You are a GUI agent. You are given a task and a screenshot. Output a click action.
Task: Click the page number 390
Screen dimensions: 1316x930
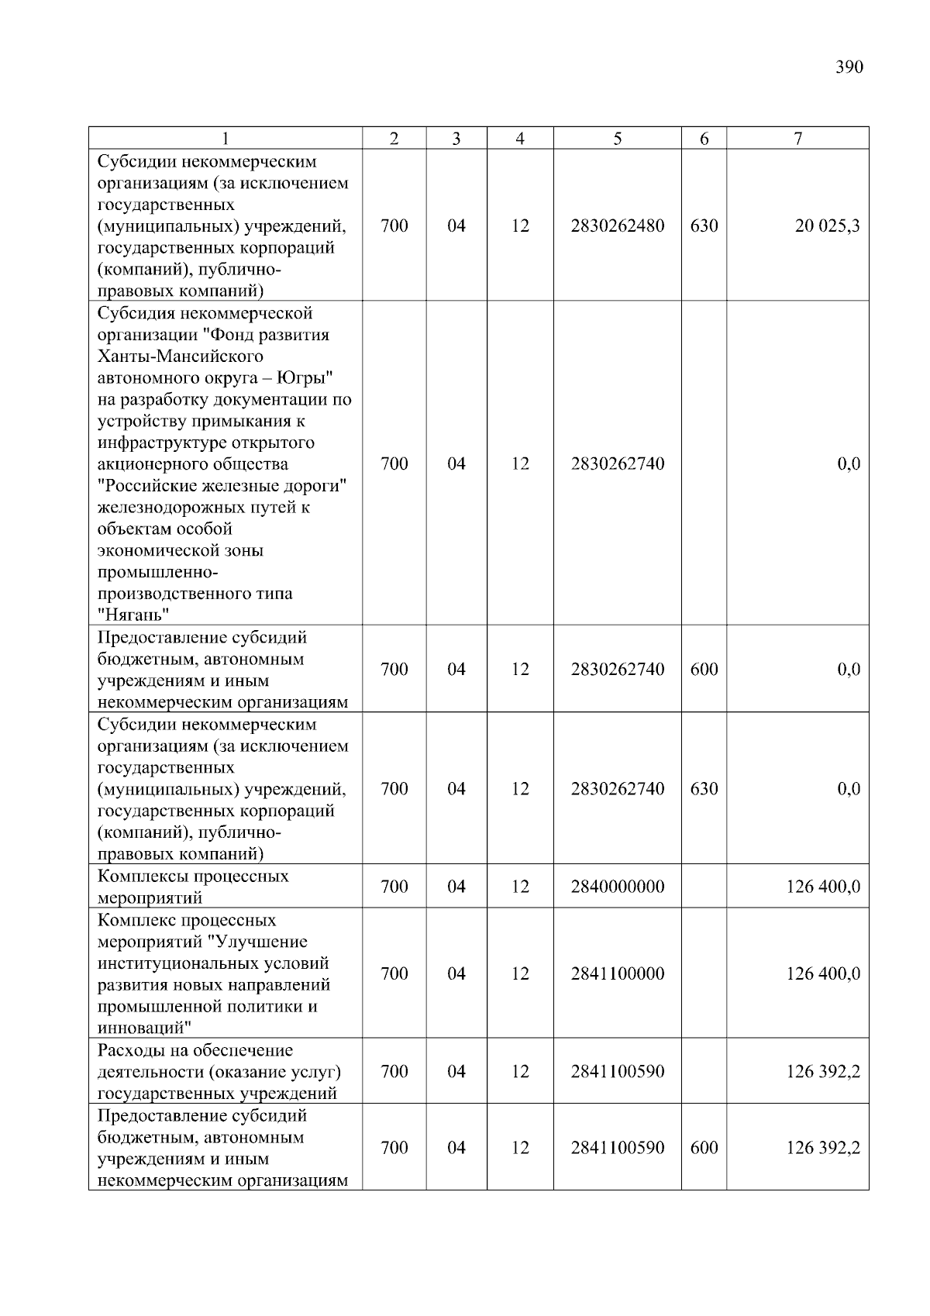pyautogui.click(x=849, y=67)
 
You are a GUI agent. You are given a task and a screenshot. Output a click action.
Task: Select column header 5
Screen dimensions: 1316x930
pyautogui.click(x=617, y=139)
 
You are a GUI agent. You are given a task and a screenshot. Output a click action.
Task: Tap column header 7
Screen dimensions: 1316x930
pyautogui.click(x=797, y=139)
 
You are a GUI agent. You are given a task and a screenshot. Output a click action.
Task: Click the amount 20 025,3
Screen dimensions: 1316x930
pyautogui.click(x=827, y=226)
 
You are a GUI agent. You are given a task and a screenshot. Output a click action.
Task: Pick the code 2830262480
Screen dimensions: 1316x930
pyautogui.click(x=617, y=226)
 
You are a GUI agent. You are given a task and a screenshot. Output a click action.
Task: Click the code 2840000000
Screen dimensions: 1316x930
pyautogui.click(x=617, y=887)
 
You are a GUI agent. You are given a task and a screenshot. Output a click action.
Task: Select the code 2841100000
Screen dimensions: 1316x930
pyautogui.click(x=617, y=973)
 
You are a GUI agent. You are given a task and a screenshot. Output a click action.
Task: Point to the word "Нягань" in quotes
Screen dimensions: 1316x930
pyautogui.click(x=134, y=615)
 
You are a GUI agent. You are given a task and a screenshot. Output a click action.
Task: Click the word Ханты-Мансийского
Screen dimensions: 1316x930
pyautogui.click(x=180, y=357)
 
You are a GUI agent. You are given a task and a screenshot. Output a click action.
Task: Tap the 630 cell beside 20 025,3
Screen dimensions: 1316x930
pyautogui.click(x=704, y=226)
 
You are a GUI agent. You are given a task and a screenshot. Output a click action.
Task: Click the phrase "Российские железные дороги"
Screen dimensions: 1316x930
pyautogui.click(x=222, y=486)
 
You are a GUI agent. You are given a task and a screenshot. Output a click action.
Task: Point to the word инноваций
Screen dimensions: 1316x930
pyautogui.click(x=144, y=1028)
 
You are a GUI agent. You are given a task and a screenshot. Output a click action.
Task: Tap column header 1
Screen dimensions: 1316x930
pyautogui.click(x=225, y=139)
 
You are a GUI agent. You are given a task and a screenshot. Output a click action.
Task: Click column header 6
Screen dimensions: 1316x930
pyautogui.click(x=704, y=139)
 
